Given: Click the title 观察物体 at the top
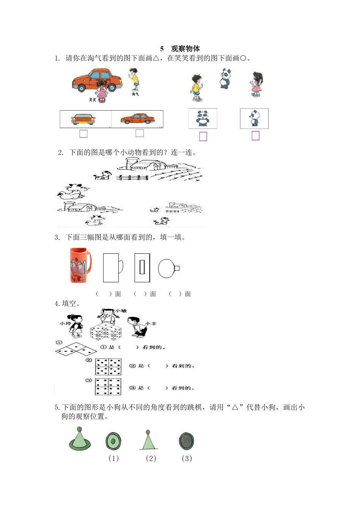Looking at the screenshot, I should click(x=185, y=48).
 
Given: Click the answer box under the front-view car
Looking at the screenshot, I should click(x=83, y=134).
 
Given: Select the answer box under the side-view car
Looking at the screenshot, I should click(x=139, y=133).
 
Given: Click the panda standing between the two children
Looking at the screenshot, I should click(x=225, y=78).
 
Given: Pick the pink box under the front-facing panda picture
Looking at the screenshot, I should click(x=203, y=136).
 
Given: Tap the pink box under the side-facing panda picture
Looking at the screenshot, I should click(x=255, y=136).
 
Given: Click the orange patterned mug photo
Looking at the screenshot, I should click(x=80, y=265).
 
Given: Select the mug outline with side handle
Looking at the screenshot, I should click(x=113, y=268).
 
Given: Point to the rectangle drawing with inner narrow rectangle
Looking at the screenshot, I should click(x=142, y=268).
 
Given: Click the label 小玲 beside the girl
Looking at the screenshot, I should click(x=65, y=323).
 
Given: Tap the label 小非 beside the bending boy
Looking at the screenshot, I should click(x=151, y=323).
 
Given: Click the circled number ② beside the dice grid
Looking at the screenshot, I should click(x=89, y=360).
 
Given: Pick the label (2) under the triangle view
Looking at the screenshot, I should click(x=151, y=458).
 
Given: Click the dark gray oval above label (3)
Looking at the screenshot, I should click(x=186, y=441).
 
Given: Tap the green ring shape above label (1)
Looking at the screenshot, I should click(x=113, y=442).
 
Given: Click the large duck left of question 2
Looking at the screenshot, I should click(x=73, y=192).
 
